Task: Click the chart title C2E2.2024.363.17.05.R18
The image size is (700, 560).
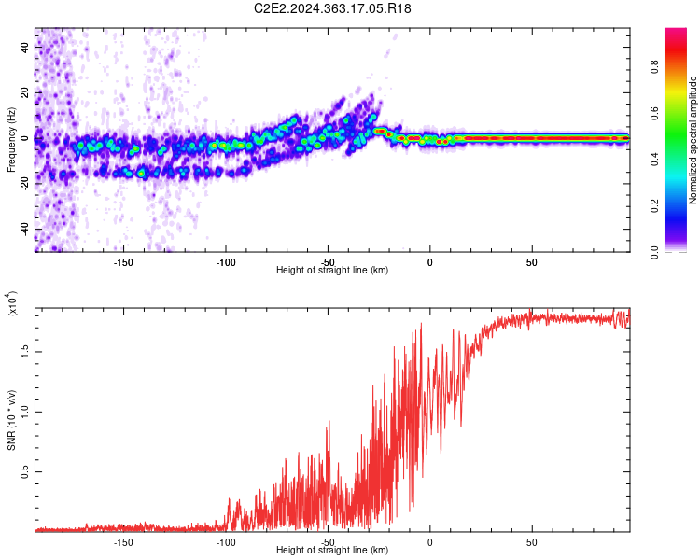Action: (x=333, y=8)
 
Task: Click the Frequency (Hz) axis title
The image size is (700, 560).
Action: (x=11, y=139)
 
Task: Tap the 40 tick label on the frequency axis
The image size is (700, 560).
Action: (x=25, y=49)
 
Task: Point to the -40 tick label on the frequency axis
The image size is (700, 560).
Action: (x=23, y=229)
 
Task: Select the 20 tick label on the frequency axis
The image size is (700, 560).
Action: (x=25, y=93)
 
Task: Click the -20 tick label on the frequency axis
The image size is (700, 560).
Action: (x=23, y=184)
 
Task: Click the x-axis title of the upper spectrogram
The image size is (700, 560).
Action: (x=332, y=271)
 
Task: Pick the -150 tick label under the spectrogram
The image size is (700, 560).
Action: (x=123, y=261)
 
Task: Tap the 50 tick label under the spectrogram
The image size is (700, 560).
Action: (x=531, y=261)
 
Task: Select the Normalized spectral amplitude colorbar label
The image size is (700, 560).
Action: (x=693, y=140)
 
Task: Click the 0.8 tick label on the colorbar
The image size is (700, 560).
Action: (x=682, y=67)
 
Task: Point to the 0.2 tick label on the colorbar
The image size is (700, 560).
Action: (x=682, y=206)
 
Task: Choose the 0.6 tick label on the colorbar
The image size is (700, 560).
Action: (x=682, y=114)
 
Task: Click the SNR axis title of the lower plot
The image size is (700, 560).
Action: (x=11, y=420)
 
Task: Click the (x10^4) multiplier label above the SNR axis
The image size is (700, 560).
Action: (x=13, y=303)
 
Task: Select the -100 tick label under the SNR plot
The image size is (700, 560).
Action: (x=225, y=541)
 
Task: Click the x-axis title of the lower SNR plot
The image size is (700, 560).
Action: (x=332, y=551)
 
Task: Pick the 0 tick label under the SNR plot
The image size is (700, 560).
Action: (x=429, y=541)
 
